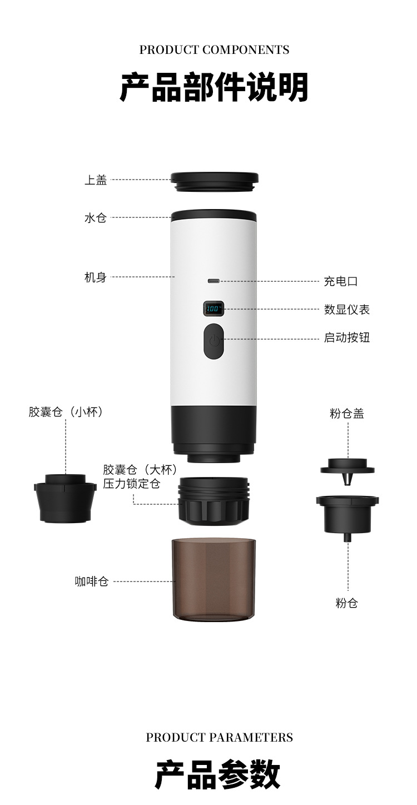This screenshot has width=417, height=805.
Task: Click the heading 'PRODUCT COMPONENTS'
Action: pos(214,50)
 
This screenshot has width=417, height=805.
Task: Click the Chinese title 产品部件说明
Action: pos(214,87)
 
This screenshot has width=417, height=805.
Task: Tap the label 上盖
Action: pos(96,180)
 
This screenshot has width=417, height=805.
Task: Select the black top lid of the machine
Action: pos(215,181)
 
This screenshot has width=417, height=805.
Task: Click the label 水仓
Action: pos(96,218)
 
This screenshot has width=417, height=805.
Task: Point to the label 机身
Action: pos(96,277)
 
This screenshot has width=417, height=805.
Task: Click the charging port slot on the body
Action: pos(214,281)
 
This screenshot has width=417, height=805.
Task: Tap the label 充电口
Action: pos(341,281)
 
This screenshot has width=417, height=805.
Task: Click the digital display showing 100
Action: pos(214,308)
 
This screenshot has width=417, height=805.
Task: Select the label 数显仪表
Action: pos(347,310)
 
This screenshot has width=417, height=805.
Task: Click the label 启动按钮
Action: pos(347,338)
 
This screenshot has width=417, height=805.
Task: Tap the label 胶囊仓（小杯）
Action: pos(66,412)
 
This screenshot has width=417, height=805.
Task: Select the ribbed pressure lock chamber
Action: pos(214,500)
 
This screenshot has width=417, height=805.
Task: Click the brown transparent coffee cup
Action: pos(214,579)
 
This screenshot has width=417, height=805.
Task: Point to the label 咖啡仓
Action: pos(92,582)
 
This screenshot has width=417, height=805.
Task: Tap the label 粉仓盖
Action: pos(347,414)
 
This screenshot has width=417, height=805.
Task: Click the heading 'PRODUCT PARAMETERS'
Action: pos(219,737)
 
